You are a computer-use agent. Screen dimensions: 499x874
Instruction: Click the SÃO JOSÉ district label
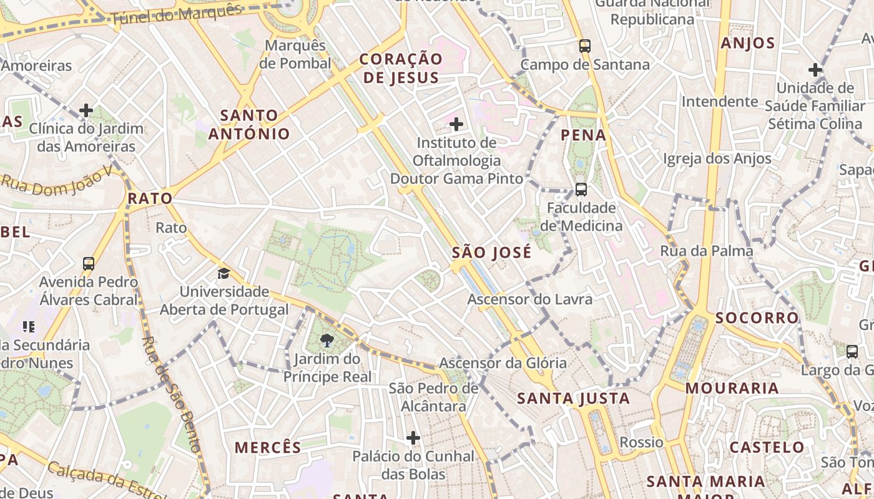492,253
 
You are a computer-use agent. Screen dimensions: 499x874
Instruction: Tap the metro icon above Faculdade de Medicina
581,189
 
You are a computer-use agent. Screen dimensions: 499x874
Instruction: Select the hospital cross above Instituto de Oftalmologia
456,124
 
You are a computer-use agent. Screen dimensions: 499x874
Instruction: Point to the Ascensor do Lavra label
530,299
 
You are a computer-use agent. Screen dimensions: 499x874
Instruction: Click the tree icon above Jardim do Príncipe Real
326,340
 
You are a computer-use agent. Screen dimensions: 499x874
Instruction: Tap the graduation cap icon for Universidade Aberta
223,273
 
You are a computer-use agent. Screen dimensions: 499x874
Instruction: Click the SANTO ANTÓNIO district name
249,124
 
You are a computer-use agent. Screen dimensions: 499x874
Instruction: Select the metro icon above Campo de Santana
584,46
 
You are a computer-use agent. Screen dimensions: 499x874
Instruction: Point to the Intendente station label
720,101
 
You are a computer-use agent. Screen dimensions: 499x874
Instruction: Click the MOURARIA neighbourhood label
732,388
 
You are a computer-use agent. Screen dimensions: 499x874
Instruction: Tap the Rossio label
641,442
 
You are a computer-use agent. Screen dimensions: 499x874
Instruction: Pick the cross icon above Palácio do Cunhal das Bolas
413,438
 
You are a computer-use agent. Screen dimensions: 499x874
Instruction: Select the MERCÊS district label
268,447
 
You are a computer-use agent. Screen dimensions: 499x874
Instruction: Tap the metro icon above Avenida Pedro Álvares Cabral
89,263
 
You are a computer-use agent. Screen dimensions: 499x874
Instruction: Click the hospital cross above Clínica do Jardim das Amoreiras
86,111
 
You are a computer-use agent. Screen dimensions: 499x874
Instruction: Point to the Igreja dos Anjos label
717,158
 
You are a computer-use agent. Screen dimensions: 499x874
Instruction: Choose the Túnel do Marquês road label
177,14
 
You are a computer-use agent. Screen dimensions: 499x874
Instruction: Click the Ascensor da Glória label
503,362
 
